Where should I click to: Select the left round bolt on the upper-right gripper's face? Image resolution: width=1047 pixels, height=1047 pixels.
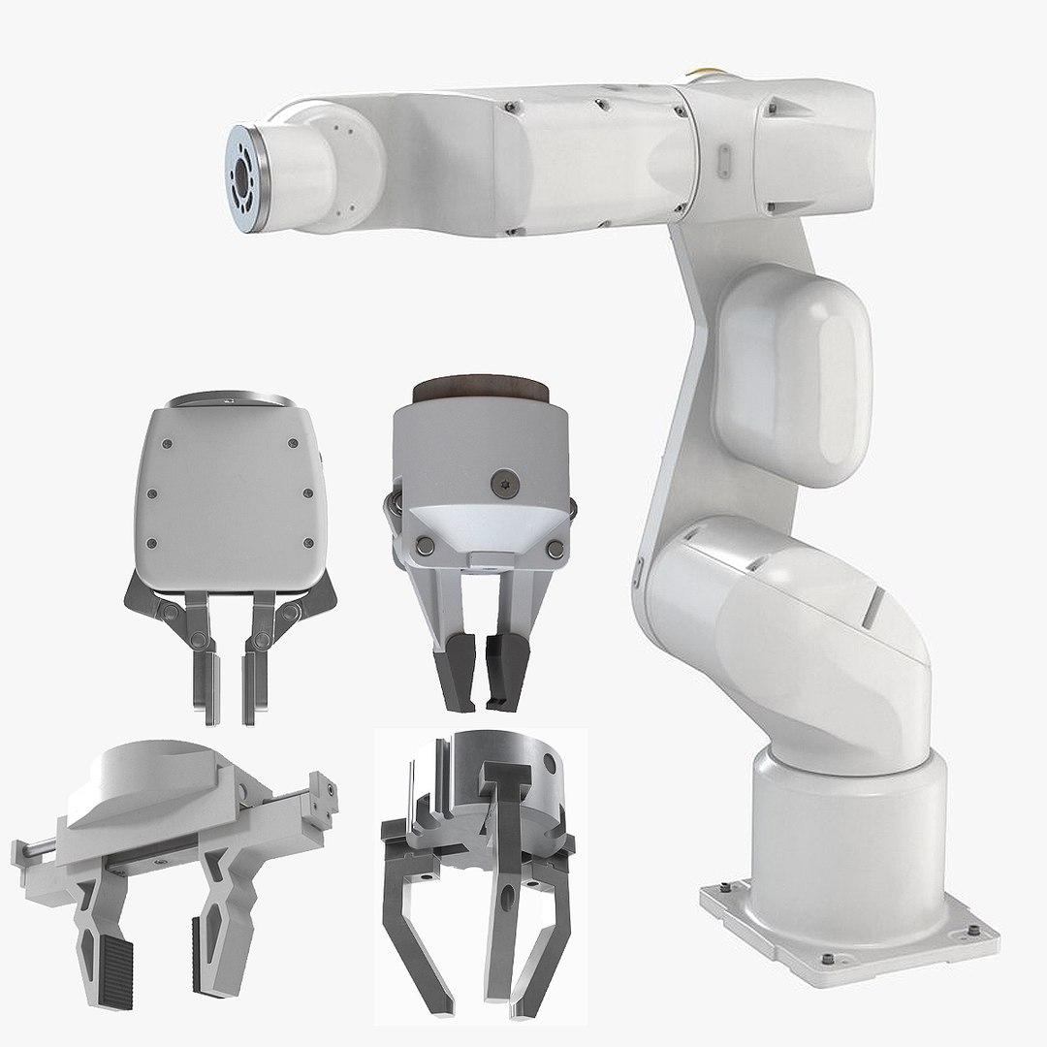tap(425, 548)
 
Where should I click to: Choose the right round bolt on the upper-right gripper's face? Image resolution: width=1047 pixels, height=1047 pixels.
tap(555, 549)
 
